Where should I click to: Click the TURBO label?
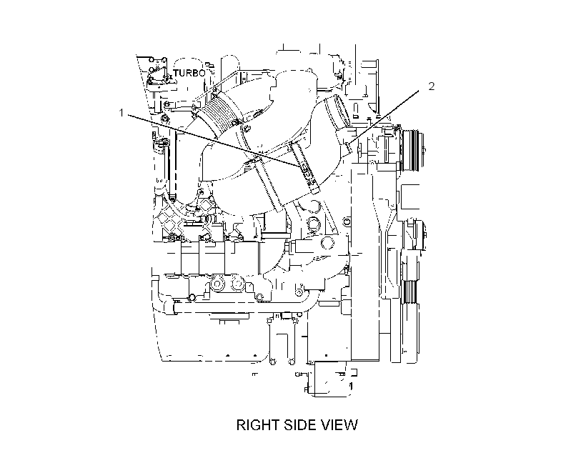tap(189, 73)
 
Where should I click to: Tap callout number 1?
tap(121, 112)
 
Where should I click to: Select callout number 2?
tap(432, 86)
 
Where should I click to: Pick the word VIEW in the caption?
tap(340, 425)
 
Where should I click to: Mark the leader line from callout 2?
tap(385, 116)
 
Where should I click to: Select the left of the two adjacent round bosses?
tap(217, 284)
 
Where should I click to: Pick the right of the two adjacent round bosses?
tap(237, 284)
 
